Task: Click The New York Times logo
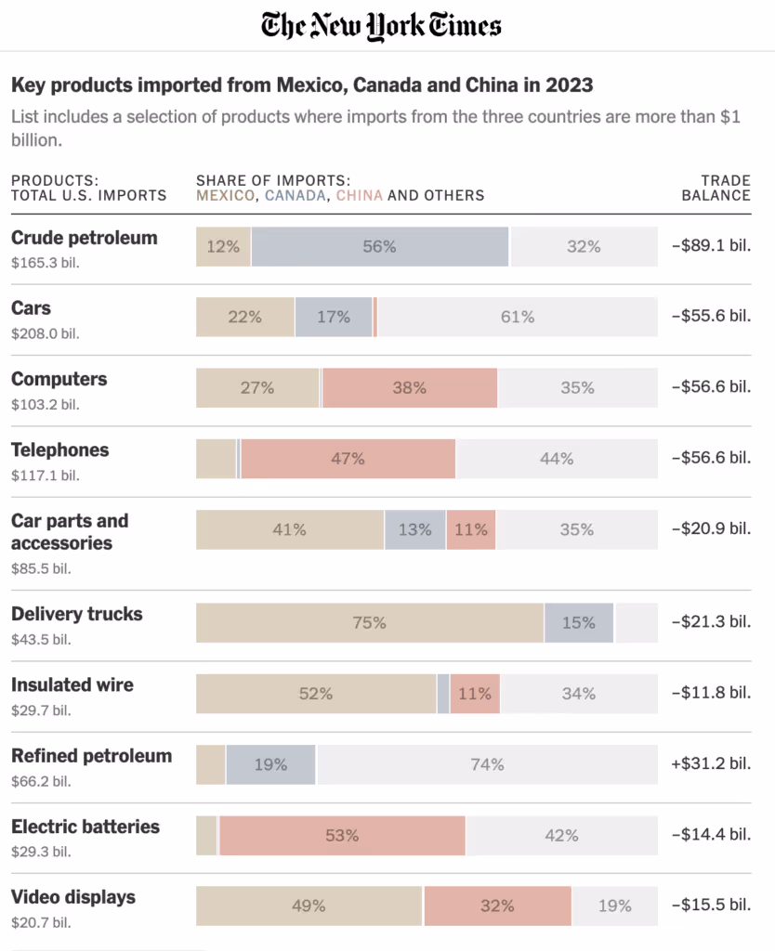tap(381, 25)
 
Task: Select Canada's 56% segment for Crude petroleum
tap(379, 247)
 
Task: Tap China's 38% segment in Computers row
tap(409, 388)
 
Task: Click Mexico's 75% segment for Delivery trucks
tap(369, 623)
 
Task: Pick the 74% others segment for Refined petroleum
tap(486, 764)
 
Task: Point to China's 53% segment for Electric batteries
tap(342, 836)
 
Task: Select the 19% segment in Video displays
tap(614, 906)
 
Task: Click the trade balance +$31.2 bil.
tap(711, 763)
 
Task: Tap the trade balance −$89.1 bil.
tap(711, 246)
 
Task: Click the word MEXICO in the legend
tap(224, 195)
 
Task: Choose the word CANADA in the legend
tap(296, 195)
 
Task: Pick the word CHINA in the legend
tap(360, 195)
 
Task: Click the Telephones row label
tap(59, 450)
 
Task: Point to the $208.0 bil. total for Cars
tap(45, 333)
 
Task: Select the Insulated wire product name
tap(72, 685)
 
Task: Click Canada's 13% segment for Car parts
tap(414, 529)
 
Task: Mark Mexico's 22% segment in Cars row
tap(244, 318)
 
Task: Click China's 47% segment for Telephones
tap(348, 459)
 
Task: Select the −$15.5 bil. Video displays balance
tap(711, 905)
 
